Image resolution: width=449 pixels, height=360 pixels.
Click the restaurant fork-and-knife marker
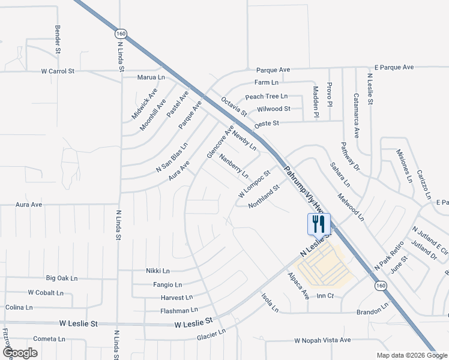click(319, 224)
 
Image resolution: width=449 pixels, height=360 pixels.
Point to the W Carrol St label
click(58, 71)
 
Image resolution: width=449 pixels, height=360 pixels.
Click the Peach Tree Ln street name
click(267, 96)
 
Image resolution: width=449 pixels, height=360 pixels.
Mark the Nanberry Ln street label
click(234, 166)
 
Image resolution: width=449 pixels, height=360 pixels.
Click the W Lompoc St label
click(255, 183)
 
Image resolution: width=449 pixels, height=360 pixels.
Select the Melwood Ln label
click(351, 207)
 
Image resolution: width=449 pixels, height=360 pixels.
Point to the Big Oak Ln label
click(62, 278)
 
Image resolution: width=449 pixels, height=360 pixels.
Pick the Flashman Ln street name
click(179, 310)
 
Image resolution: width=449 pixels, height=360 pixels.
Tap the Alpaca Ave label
click(298, 286)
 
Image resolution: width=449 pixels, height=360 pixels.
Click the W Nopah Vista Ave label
click(322, 340)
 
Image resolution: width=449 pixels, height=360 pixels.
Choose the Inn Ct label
click(325, 296)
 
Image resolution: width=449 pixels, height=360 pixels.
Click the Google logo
click(20, 352)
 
